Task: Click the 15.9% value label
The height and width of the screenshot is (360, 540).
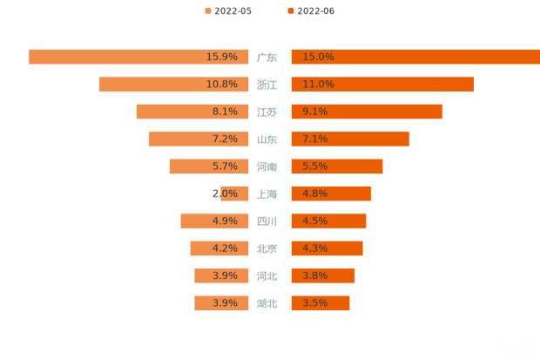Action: click(222, 57)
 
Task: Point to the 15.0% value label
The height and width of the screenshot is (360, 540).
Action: click(318, 57)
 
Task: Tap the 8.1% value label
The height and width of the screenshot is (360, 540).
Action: click(225, 112)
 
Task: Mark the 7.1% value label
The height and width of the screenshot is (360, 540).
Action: click(315, 139)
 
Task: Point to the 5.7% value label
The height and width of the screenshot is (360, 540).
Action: click(225, 166)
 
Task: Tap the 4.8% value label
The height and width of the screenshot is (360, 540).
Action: click(315, 194)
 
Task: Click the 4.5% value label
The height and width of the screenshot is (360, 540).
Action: click(315, 221)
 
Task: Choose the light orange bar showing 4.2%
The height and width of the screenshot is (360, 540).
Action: click(199, 248)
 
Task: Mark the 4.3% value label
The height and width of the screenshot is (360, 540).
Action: click(315, 248)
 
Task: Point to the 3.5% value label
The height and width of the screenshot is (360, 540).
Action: click(315, 303)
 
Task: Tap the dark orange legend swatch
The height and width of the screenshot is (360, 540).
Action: click(289, 10)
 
